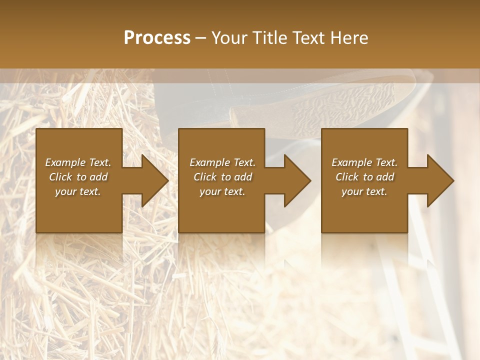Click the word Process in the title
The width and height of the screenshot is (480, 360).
pyautogui.click(x=157, y=38)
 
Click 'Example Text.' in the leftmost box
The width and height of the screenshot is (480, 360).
pyautogui.click(x=78, y=162)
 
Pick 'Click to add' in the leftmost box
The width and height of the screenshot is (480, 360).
pyautogui.click(x=78, y=177)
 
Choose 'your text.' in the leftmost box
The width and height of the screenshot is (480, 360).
pyautogui.click(x=78, y=191)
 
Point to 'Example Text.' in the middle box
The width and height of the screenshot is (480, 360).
pyautogui.click(x=222, y=162)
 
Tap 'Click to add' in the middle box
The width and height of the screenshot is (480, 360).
pyautogui.click(x=222, y=177)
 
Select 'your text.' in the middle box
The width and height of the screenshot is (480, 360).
pyautogui.click(x=222, y=191)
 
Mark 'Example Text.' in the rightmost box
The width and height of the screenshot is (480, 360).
pyautogui.click(x=364, y=162)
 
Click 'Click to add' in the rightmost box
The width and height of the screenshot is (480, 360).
pyautogui.click(x=364, y=177)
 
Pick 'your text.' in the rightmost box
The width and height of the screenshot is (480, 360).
pyautogui.click(x=364, y=191)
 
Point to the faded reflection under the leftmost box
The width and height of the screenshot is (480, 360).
pyautogui.click(x=79, y=250)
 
